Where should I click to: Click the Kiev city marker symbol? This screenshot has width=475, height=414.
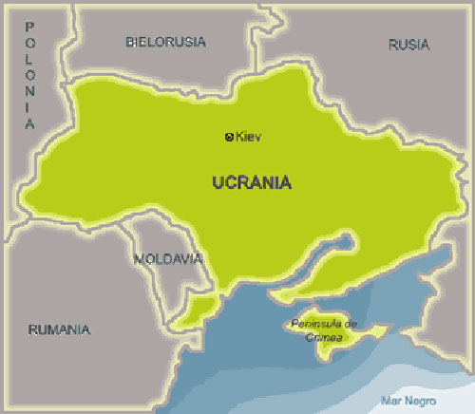(x=229, y=137)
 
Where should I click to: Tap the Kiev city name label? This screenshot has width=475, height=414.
(x=248, y=137)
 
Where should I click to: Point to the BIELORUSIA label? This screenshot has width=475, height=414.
(x=165, y=42)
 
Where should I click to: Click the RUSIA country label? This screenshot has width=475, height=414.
(x=408, y=44)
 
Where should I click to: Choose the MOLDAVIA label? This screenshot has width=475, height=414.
(x=167, y=258)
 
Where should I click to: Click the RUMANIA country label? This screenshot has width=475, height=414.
(x=59, y=329)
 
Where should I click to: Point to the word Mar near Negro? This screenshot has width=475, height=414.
(x=389, y=400)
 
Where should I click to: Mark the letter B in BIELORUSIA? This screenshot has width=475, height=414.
(x=130, y=42)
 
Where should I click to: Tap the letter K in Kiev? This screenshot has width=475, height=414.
(x=239, y=137)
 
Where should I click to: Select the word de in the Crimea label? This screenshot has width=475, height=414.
(x=351, y=324)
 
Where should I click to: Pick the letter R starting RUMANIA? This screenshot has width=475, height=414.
(x=32, y=329)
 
